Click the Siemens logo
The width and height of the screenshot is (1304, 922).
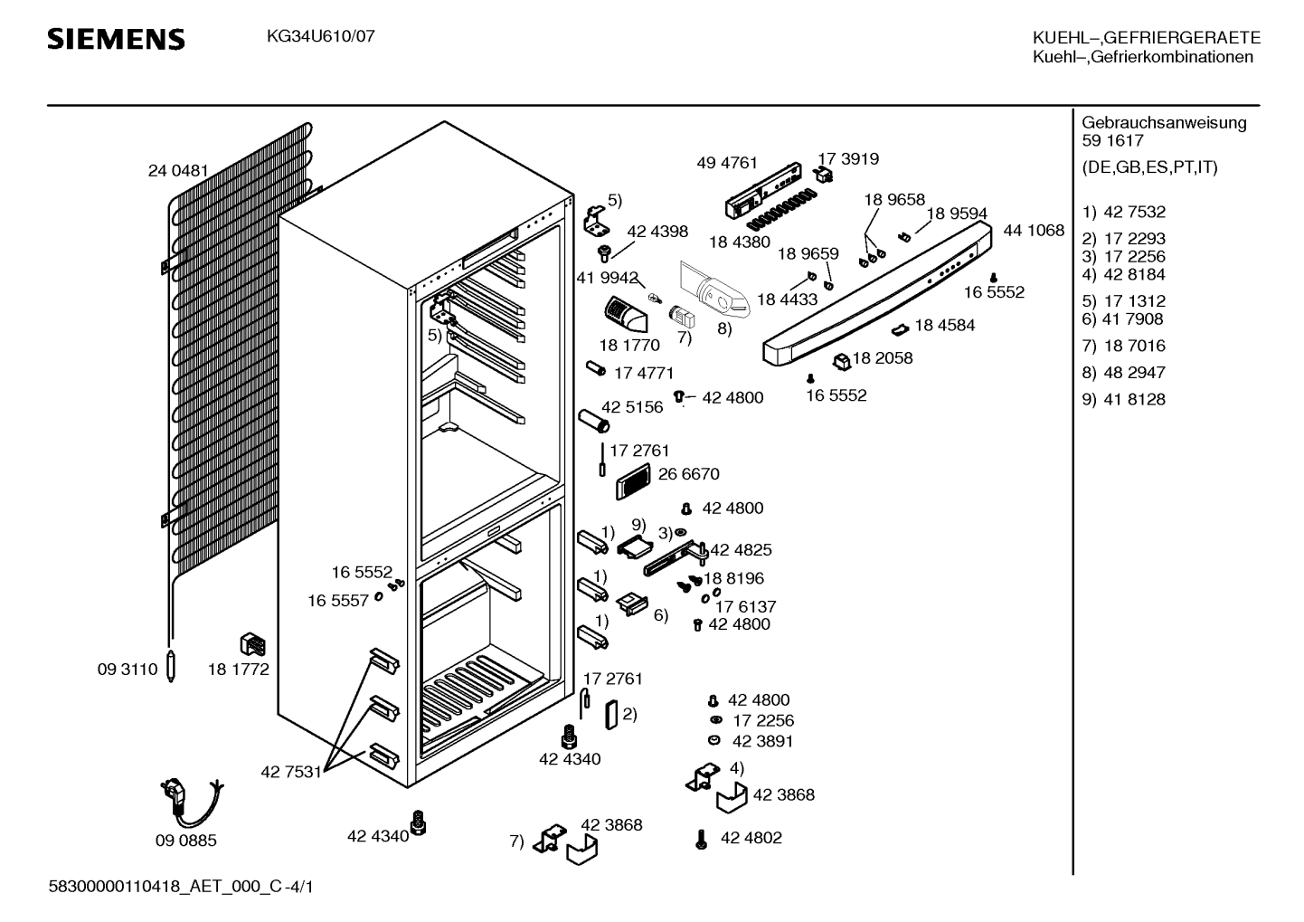pos(116,40)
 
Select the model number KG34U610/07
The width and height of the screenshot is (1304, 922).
pos(321,36)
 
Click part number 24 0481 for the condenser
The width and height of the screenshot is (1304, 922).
pos(178,171)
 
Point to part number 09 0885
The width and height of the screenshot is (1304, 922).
pos(185,841)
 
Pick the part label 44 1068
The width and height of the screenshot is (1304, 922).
pos(1034,230)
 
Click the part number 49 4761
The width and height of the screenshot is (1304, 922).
pos(727,163)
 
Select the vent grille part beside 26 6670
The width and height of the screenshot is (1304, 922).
pos(633,481)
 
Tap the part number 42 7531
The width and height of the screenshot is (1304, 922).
pos(291,772)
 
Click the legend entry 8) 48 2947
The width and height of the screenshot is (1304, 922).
pos(1123,372)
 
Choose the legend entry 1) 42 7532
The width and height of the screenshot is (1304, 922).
pos(1123,212)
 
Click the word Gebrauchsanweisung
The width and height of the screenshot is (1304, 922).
pos(1165,123)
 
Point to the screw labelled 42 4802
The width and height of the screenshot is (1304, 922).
pos(702,840)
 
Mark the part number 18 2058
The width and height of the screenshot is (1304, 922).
pos(883,357)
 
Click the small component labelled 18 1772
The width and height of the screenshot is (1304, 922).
pos(253,644)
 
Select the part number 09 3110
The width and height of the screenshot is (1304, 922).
pos(128,670)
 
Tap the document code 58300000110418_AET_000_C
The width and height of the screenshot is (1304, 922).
pos(165,887)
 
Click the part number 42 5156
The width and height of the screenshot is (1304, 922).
pos(632,407)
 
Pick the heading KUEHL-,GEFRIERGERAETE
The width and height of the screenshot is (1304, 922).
pos(1147,37)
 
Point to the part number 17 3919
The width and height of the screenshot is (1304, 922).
pos(849,158)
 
